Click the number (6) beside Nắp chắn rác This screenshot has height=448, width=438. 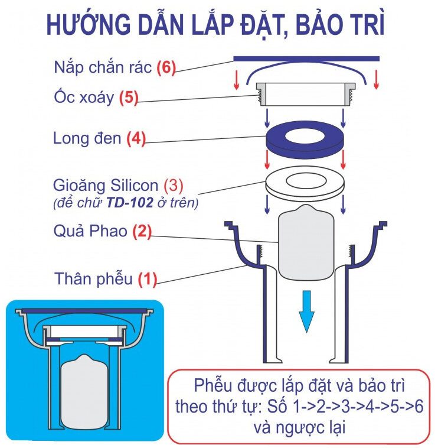tap(166, 68)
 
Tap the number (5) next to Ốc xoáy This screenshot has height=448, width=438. tap(128, 98)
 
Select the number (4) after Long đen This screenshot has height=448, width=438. tap(135, 140)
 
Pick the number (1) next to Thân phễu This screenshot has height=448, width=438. tap(148, 278)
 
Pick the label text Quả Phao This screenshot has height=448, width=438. tap(90, 231)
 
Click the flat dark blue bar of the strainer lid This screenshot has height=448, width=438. tap(306, 59)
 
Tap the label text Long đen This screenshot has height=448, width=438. tap(87, 140)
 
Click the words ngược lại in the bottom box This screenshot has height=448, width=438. tap(319, 427)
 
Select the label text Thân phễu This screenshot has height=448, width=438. tap(93, 278)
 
